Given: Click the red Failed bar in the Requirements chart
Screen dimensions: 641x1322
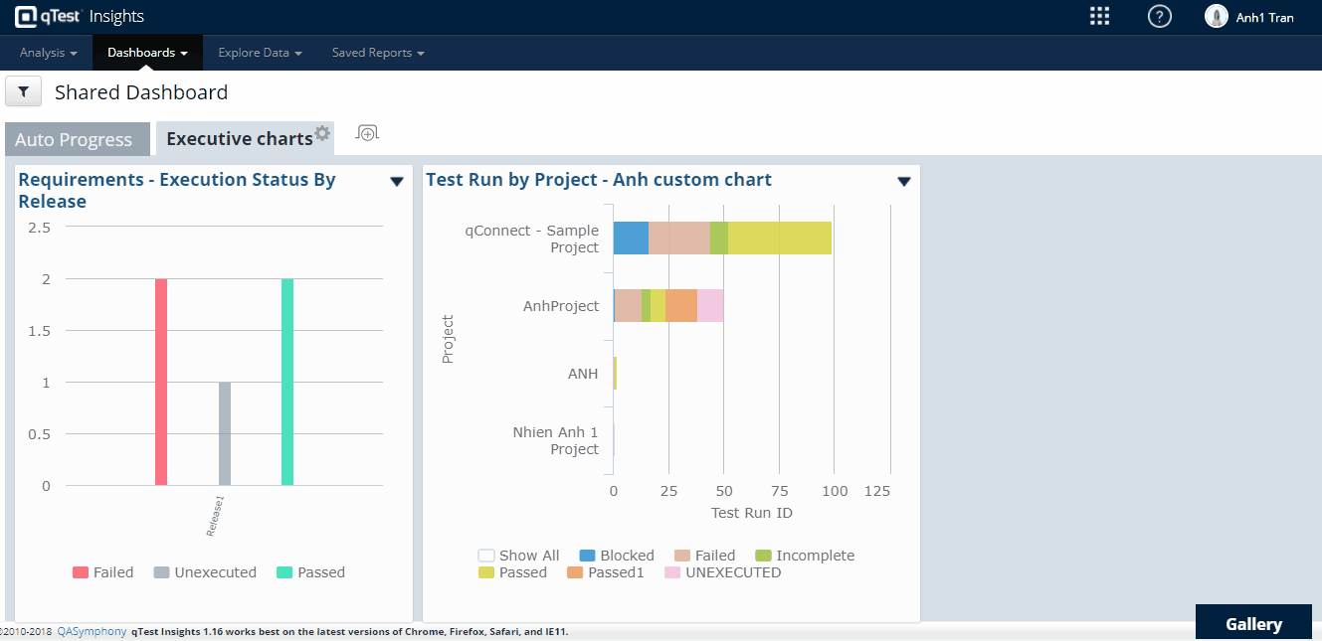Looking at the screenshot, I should tap(161, 383).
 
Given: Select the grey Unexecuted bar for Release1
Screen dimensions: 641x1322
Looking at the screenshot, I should tap(225, 434).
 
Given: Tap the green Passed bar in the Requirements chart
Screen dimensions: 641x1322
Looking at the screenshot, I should tap(287, 383).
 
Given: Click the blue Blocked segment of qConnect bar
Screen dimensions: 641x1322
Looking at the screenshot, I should tap(631, 239).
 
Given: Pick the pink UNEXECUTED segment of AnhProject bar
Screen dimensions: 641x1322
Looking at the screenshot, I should tap(710, 306).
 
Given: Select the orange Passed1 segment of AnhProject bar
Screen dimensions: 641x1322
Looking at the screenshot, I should tap(681, 306).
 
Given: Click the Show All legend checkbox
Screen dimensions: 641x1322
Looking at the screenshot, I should tap(486, 557).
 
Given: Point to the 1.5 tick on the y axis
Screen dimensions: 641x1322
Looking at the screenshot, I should tap(40, 331).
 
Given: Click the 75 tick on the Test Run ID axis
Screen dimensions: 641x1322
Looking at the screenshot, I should tap(780, 491).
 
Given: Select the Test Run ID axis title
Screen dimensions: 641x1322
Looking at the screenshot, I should tap(751, 513).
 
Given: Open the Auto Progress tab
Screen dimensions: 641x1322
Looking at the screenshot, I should tap(74, 140).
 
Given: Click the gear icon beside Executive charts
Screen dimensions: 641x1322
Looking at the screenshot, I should tap(322, 133).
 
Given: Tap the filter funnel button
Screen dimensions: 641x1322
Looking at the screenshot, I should tap(24, 92).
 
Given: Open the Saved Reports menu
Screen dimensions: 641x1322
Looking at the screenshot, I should tap(378, 53).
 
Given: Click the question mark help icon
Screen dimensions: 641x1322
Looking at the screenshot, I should tap(1159, 16).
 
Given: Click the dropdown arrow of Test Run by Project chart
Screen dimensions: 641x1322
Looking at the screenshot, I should tap(904, 181).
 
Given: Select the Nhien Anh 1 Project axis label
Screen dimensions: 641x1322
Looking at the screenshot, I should tap(555, 441).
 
